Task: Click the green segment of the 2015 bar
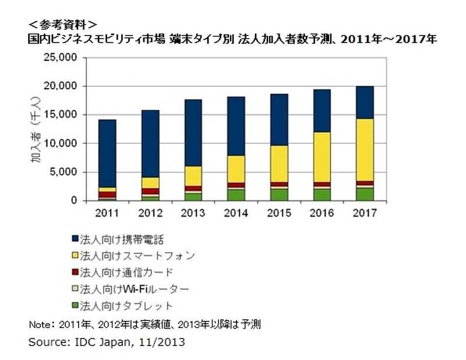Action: pos(278,194)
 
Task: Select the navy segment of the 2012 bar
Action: pos(150,143)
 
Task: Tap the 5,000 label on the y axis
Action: pos(64,172)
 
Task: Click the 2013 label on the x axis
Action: pos(192,213)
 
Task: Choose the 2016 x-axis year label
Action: pos(322,213)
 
